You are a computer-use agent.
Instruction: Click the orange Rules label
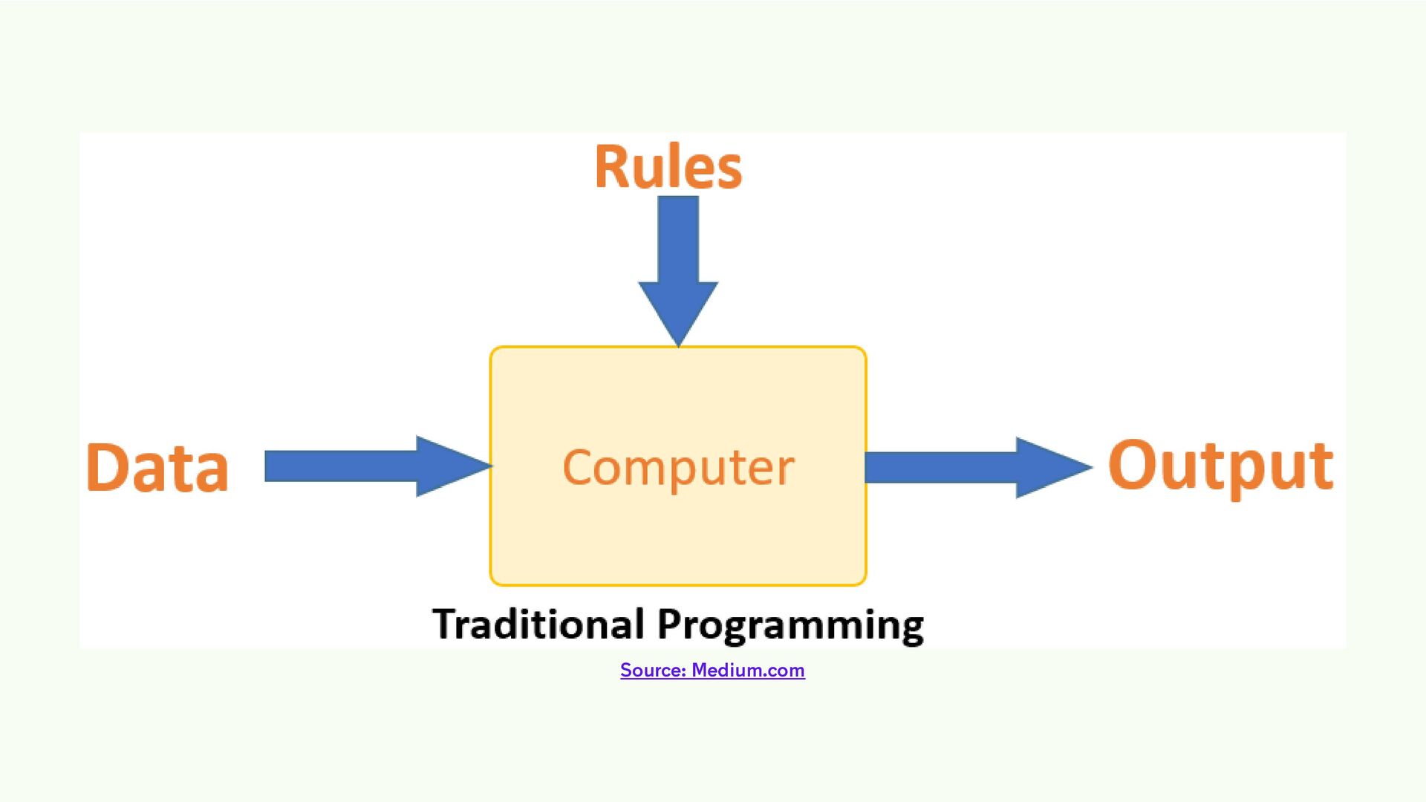668,168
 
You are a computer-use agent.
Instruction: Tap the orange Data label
157,468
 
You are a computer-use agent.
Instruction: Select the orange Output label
1220,466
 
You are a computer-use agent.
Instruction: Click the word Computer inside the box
678,468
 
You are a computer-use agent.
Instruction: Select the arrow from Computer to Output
958,467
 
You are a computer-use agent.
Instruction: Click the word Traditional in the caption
538,624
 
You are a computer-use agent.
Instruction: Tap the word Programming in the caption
790,625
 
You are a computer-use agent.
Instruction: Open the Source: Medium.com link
712,670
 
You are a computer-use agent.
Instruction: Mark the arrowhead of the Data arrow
451,466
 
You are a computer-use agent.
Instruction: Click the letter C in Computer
577,467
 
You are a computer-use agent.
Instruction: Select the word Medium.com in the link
748,670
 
